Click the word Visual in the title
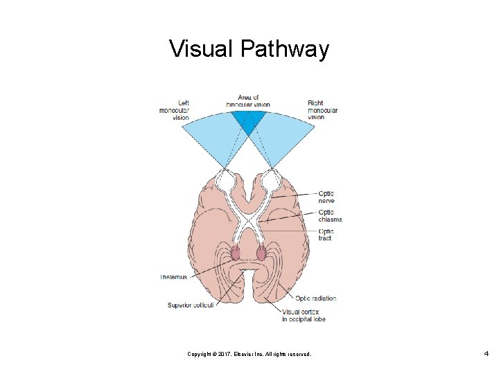pos(202,49)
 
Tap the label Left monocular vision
pos(174,110)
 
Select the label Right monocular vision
pos(322,110)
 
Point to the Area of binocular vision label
pos(248,101)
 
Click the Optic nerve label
pos(326,197)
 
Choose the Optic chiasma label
pos(330,216)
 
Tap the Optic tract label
pos(326,234)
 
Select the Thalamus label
pos(174,277)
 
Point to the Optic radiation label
pos(315,299)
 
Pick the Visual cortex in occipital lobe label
pos(303,315)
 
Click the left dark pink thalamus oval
pos(236,253)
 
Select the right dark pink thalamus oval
pos(261,253)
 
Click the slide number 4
pos(487,354)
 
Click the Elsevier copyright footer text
pos(249,354)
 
